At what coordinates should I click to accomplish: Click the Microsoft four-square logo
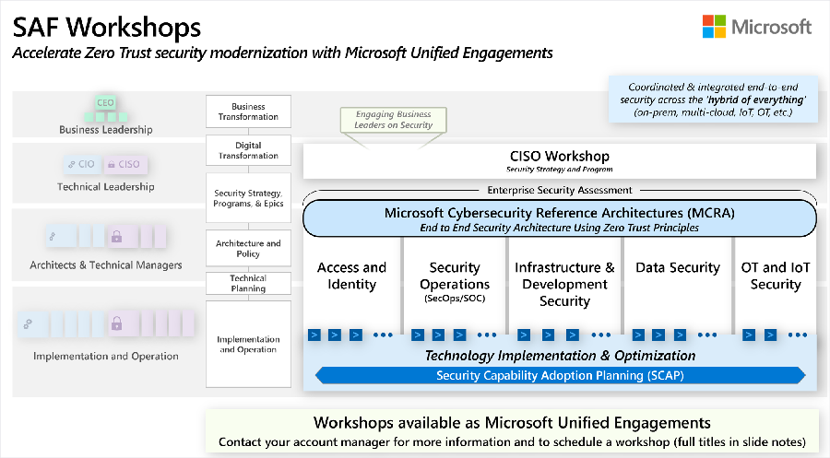[x=714, y=27]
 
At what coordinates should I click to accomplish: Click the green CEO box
[x=105, y=102]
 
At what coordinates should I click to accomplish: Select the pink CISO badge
[x=125, y=164]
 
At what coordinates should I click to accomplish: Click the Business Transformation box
[x=248, y=112]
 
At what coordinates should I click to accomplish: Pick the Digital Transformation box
[x=248, y=150]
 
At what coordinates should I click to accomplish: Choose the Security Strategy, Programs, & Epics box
[x=248, y=198]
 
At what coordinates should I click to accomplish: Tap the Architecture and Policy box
[x=248, y=248]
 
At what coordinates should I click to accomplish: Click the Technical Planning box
[x=248, y=283]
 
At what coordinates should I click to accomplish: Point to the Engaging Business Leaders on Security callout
[x=393, y=120]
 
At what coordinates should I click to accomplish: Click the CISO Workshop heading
[x=560, y=156]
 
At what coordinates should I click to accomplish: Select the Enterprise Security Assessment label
[x=560, y=190]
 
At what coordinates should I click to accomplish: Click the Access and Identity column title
[x=351, y=276]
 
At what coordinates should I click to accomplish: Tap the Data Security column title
[x=678, y=267]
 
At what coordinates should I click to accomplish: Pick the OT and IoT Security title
[x=776, y=276]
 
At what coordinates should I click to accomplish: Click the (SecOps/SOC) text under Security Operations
[x=455, y=299]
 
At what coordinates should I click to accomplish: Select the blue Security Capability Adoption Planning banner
[x=560, y=375]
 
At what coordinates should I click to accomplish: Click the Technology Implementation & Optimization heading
[x=560, y=356]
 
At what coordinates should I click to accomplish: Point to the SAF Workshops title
[x=107, y=27]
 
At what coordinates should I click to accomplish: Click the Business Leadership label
[x=106, y=130]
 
